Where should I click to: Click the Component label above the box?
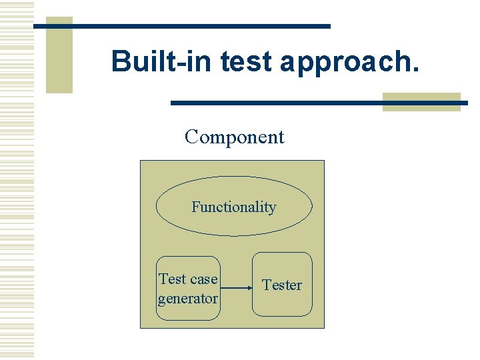tap(235, 137)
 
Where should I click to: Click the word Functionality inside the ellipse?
tap(234, 207)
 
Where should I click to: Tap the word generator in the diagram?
tap(188, 299)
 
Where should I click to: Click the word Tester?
tap(282, 285)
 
